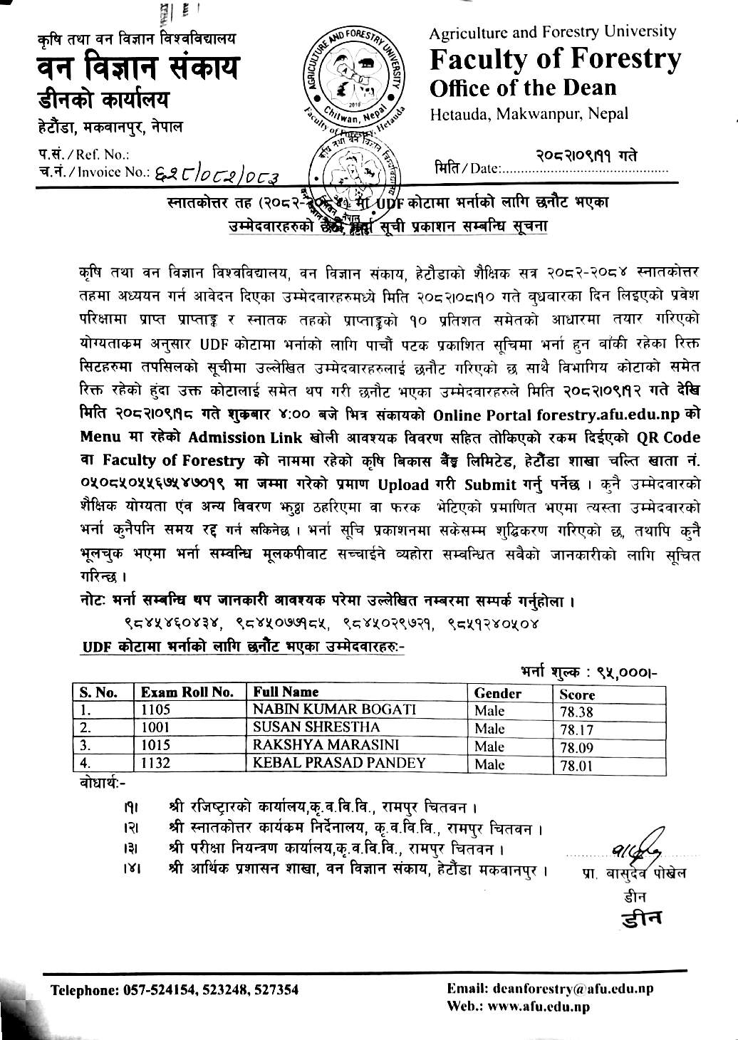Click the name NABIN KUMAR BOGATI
(x=335, y=709)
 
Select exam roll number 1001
(x=156, y=727)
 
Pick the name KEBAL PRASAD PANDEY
(x=340, y=762)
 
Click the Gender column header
(x=498, y=693)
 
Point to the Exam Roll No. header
(x=187, y=692)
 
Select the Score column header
(x=577, y=695)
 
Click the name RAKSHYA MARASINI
(x=326, y=745)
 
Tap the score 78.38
(x=576, y=712)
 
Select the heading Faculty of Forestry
(x=556, y=60)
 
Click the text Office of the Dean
(x=523, y=88)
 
